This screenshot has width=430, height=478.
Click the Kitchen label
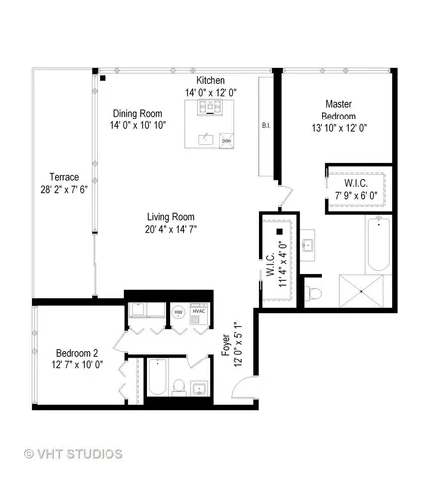tap(211, 80)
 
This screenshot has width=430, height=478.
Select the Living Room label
tap(170, 216)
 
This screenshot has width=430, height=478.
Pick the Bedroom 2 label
tap(76, 353)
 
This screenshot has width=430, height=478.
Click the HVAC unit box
tap(196, 311)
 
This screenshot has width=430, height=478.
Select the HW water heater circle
tap(178, 311)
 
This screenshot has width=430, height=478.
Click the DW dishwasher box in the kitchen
tap(226, 141)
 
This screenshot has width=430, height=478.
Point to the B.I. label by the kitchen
tap(266, 126)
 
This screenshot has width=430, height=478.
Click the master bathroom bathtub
tap(378, 248)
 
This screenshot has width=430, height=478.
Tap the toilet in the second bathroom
tap(175, 385)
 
